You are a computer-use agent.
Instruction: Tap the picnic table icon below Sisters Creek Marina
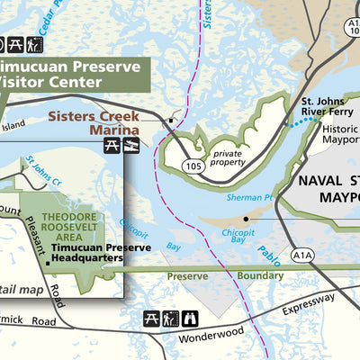coord(112,145)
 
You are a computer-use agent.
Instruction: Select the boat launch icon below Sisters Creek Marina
coord(130,145)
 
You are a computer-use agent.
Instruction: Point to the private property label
coord(228,158)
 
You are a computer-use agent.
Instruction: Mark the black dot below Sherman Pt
coord(246,218)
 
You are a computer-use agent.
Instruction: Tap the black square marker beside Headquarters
coord(48,263)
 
